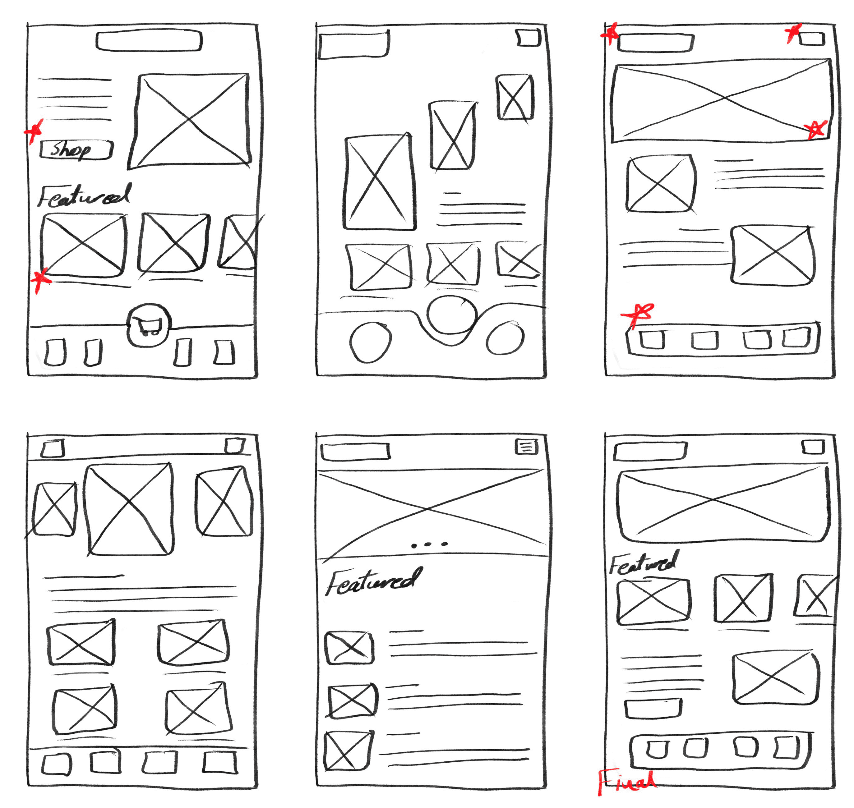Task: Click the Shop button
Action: point(76,150)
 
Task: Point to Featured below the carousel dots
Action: point(373,581)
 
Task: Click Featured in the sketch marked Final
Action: point(643,562)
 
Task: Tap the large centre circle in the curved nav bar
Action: point(452,315)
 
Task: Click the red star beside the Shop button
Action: point(34,131)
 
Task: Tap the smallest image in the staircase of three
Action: point(515,97)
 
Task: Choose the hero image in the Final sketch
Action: point(723,504)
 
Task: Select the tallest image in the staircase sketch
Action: point(379,182)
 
